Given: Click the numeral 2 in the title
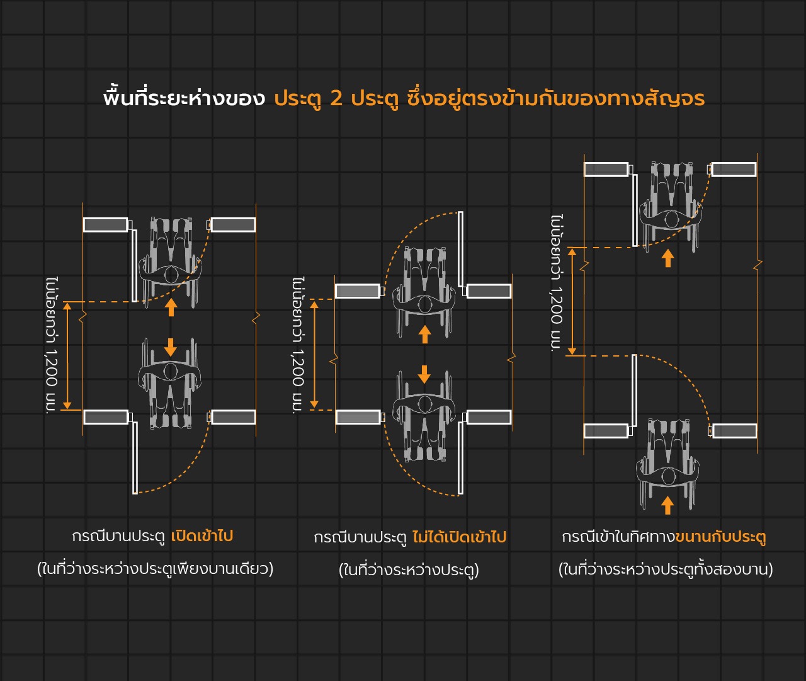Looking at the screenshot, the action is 336,98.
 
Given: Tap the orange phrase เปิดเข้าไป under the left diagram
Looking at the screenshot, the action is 202,536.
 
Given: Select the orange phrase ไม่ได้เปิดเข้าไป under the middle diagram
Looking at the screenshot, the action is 459,537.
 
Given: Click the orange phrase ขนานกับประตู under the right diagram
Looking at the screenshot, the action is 720,537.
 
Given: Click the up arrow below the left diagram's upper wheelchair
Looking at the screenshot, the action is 171,307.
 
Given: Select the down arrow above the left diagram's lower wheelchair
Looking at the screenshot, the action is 170,347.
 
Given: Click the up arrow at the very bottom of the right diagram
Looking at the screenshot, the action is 667,505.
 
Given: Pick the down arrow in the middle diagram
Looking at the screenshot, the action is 424,374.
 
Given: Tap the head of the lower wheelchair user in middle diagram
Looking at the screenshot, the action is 424,404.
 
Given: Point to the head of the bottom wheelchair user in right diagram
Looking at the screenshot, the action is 668,476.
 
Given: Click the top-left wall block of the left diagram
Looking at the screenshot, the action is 105,224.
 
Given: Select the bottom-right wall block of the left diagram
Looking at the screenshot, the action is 233,417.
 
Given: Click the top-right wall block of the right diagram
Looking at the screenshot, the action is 734,169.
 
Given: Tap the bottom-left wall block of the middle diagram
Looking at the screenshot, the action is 358,417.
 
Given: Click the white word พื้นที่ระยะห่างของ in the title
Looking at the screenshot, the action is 184,98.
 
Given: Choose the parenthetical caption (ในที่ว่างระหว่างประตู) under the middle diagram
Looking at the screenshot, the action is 409,570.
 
